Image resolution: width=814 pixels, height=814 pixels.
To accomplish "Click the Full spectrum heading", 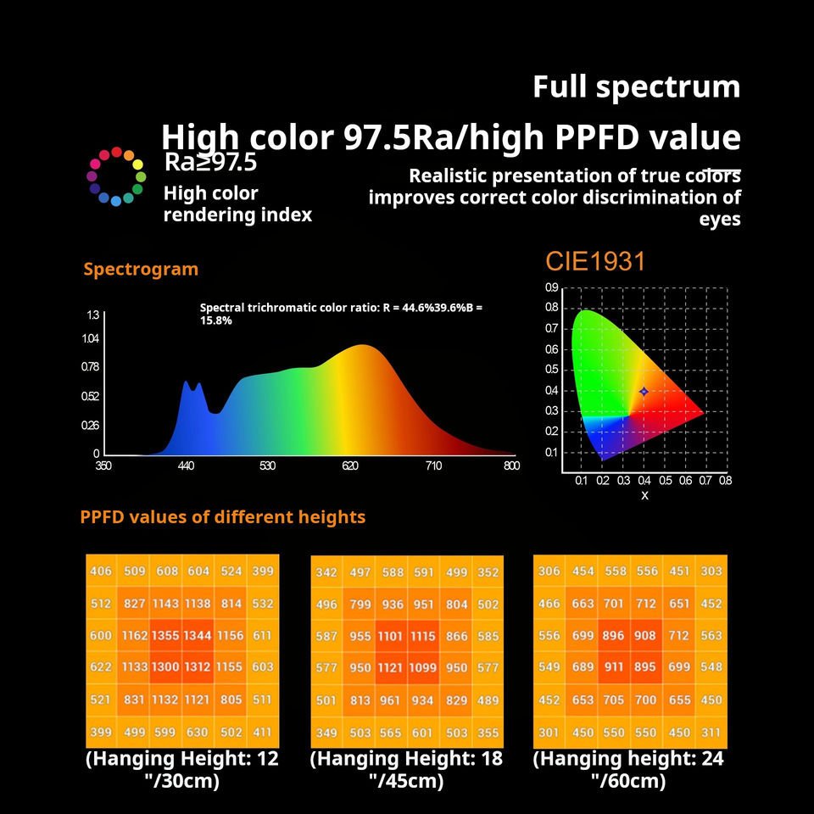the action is pyautogui.click(x=637, y=87).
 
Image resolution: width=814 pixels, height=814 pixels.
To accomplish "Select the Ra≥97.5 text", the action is pyautogui.click(x=210, y=163).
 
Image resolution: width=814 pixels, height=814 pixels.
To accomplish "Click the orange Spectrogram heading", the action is pyautogui.click(x=141, y=269).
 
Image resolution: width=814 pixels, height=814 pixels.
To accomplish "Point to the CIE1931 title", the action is pyautogui.click(x=595, y=260).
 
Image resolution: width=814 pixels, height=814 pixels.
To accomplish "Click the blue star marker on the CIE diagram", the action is pyautogui.click(x=644, y=392).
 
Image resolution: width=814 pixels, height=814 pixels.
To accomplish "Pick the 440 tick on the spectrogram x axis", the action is pyautogui.click(x=186, y=466).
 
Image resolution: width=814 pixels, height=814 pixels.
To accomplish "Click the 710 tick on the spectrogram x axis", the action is pyautogui.click(x=433, y=466).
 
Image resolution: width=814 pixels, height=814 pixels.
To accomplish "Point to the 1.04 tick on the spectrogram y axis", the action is pyautogui.click(x=91, y=338).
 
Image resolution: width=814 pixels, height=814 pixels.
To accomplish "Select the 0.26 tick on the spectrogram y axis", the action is pyautogui.click(x=90, y=425).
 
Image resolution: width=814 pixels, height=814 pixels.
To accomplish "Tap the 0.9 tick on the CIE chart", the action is pyautogui.click(x=552, y=287).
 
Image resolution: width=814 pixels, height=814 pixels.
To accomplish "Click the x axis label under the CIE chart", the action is pyautogui.click(x=644, y=496).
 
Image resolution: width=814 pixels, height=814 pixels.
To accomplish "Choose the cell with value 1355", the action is pyautogui.click(x=165, y=635).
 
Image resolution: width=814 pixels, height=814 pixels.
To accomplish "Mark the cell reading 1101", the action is pyautogui.click(x=390, y=636).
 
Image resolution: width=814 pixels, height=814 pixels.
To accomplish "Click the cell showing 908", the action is pyautogui.click(x=645, y=635).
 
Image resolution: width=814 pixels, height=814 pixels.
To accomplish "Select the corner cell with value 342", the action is pyautogui.click(x=326, y=572).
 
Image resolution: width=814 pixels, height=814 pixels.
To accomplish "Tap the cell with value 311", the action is pyautogui.click(x=711, y=732).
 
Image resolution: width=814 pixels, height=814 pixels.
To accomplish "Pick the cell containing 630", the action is pyautogui.click(x=198, y=732).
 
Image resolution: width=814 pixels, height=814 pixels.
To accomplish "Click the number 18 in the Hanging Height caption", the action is pyautogui.click(x=492, y=758).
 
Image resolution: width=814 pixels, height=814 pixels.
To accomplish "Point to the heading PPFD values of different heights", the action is pyautogui.click(x=223, y=517).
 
